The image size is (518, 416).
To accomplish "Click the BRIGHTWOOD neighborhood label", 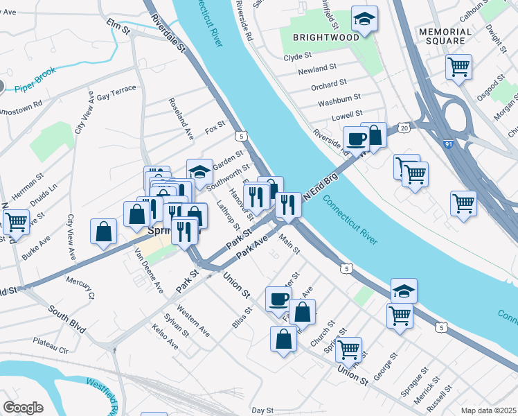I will pos(325,37).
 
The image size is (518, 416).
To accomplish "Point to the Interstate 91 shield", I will pos(449,146).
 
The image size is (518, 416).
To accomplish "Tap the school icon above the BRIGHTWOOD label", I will pos(364,19).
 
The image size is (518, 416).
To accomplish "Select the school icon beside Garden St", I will pos(199,172).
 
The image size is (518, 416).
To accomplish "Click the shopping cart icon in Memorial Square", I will pos(458,67).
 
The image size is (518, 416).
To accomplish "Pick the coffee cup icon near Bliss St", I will pos(278,299).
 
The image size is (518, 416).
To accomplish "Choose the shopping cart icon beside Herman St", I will pos(16,222).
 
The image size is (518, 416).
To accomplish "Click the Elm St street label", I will pos(118,28).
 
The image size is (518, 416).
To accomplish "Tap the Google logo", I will pos(23,408).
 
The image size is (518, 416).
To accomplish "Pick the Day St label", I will pos(262,410).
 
